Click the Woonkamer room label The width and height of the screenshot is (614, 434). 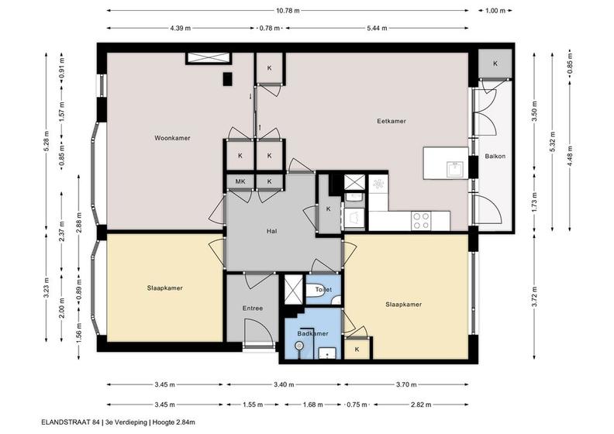[x=172, y=138]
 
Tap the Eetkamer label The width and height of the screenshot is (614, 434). [x=392, y=121]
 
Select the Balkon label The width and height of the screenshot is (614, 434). [x=495, y=156]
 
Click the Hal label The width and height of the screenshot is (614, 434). [x=272, y=231]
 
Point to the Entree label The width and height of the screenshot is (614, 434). [x=253, y=308]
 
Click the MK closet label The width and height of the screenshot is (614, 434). [x=240, y=181]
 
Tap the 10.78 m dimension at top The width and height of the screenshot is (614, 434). [x=288, y=11]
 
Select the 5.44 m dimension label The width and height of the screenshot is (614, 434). [x=378, y=28]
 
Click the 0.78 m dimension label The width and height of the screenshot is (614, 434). [x=271, y=28]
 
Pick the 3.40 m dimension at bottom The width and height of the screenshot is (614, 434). [x=284, y=384]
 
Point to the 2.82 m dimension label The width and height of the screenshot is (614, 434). [x=421, y=405]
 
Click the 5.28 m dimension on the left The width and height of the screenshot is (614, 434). [x=46, y=141]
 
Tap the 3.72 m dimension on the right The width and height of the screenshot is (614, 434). [x=535, y=298]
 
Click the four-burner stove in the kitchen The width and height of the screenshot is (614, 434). [x=421, y=221]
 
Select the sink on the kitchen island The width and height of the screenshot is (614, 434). [x=455, y=169]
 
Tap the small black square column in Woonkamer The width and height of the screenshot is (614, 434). [x=227, y=79]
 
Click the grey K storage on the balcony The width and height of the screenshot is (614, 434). [x=495, y=64]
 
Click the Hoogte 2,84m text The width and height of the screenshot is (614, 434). [x=174, y=422]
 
